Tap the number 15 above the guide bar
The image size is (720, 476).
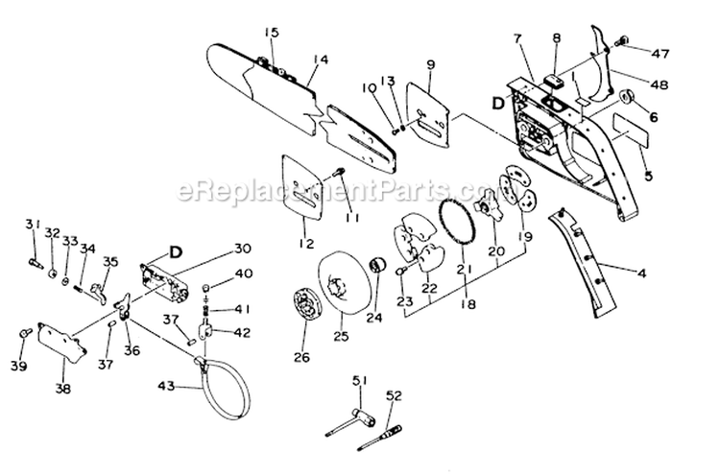pyautogui.click(x=272, y=33)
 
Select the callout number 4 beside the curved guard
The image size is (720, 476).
pyautogui.click(x=640, y=274)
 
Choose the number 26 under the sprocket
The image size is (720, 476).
pyautogui.click(x=302, y=359)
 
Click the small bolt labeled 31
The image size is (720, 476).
pyautogui.click(x=33, y=256)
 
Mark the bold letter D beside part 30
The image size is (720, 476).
pyautogui.click(x=176, y=252)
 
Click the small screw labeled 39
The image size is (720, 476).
pyautogui.click(x=22, y=331)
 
